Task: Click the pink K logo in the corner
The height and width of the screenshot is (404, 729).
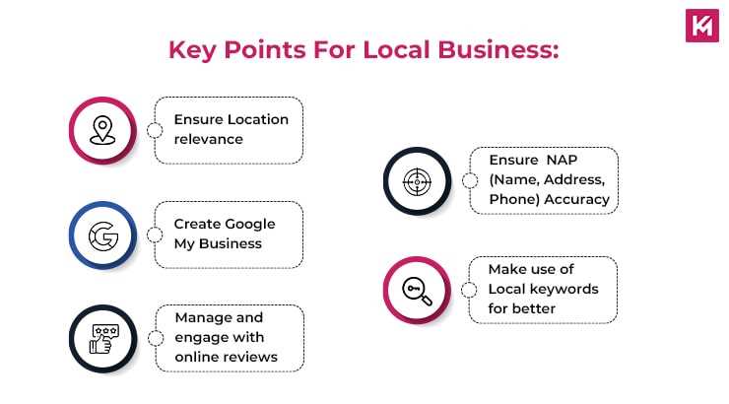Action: tap(700, 27)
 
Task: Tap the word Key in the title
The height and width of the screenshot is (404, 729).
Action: tap(193, 49)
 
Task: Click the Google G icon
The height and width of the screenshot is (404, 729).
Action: tap(102, 235)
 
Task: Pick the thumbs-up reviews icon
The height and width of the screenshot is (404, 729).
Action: tap(102, 338)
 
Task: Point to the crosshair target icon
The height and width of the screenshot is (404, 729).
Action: tap(417, 180)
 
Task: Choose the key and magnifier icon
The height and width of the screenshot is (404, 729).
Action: tap(417, 290)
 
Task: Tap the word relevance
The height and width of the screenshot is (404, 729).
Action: tap(208, 139)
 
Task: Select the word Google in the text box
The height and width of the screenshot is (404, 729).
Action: tap(250, 224)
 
